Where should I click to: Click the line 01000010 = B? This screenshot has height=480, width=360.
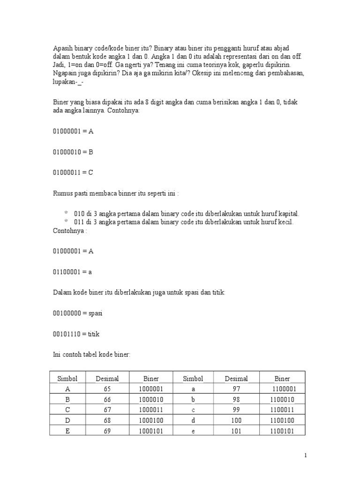tap(73, 152)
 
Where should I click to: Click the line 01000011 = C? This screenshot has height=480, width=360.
tap(73, 172)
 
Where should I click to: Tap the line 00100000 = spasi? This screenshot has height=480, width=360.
tap(77, 313)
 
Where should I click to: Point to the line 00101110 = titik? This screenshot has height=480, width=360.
tap(76, 334)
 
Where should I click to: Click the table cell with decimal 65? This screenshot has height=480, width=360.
tap(107, 389)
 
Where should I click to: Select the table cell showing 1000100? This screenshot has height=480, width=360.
tap(151, 420)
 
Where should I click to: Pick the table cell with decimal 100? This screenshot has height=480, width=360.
tap(236, 420)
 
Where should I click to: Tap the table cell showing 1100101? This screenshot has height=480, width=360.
tap(282, 431)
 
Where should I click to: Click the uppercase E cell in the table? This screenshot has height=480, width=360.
tap(67, 431)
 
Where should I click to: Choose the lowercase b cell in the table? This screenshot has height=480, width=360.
tap(193, 399)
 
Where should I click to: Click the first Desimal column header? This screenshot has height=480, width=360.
tap(107, 379)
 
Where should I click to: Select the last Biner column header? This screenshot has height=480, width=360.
tap(282, 379)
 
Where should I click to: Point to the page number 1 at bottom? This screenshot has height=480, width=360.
tap(306, 455)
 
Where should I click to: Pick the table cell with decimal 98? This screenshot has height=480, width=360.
tap(236, 399)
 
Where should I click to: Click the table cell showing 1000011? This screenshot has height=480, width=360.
tap(151, 410)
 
